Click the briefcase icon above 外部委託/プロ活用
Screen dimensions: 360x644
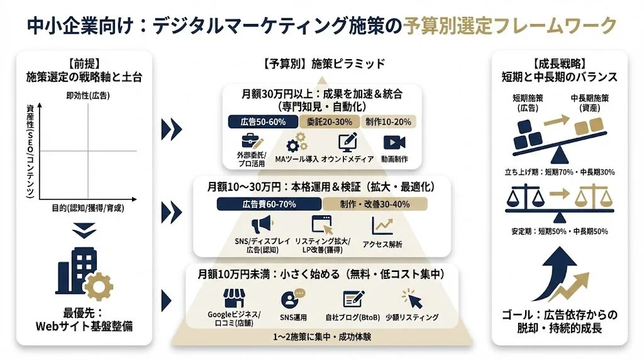click(252, 142)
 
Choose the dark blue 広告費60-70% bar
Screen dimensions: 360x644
click(269, 204)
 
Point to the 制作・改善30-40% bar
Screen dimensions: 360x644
click(375, 204)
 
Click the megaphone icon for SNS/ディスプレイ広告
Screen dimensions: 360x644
click(262, 225)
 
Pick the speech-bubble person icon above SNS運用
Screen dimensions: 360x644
click(293, 298)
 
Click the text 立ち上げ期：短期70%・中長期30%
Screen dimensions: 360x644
click(560, 171)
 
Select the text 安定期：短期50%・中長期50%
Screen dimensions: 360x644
click(560, 231)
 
